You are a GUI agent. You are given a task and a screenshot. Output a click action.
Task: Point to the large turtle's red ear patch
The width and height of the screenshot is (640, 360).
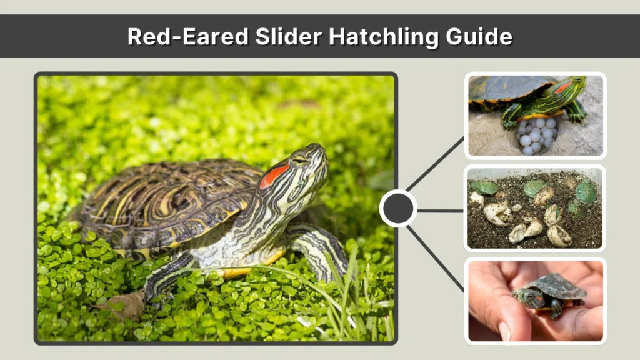click(x=274, y=176)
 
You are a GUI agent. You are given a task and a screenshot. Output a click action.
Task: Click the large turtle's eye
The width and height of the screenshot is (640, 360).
click(x=301, y=161)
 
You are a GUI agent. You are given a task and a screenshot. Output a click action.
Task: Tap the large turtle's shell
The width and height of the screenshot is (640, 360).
click(x=169, y=200)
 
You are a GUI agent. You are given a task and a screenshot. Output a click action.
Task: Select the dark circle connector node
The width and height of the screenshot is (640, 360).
click(x=398, y=209)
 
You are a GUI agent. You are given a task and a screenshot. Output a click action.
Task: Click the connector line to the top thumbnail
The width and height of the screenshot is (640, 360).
click(x=436, y=163)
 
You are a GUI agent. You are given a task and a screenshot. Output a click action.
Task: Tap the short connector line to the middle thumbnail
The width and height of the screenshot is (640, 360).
click(x=440, y=211)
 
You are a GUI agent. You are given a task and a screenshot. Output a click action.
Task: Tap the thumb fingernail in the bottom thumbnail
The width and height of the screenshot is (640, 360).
click(x=504, y=331)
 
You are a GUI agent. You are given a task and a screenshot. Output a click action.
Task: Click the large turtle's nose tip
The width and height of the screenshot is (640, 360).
click(x=322, y=148)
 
